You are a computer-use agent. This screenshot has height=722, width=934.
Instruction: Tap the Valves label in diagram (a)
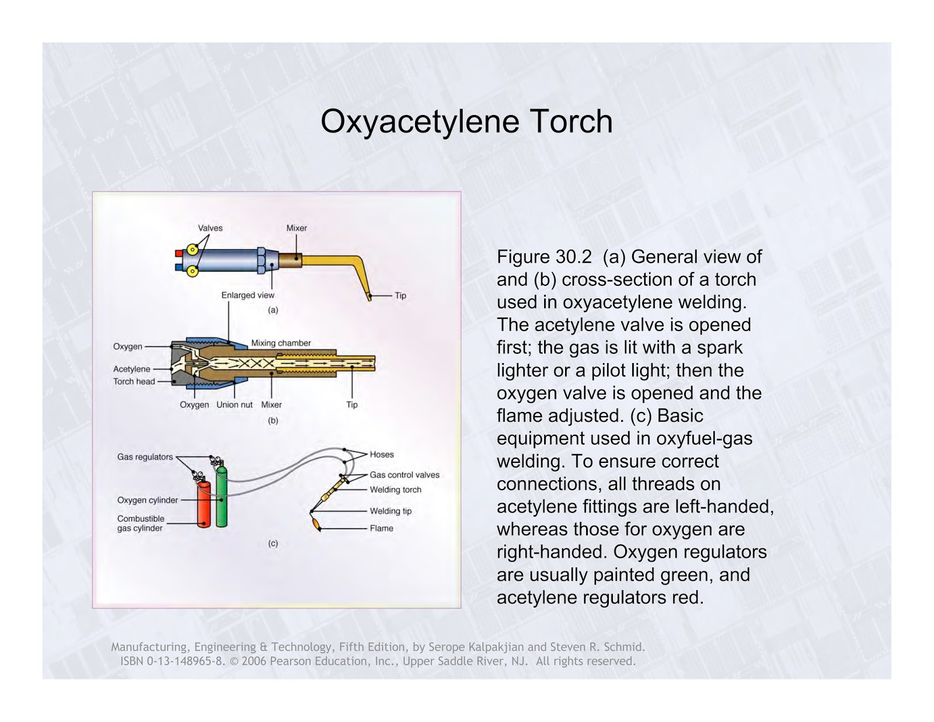click(210, 228)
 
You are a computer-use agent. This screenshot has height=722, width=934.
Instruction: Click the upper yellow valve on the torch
click(192, 250)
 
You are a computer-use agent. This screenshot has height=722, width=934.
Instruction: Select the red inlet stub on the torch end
click(179, 253)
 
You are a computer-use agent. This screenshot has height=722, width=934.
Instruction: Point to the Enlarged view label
click(248, 295)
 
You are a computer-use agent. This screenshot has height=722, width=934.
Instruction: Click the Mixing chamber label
click(281, 343)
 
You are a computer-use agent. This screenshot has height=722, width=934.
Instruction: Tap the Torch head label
click(134, 382)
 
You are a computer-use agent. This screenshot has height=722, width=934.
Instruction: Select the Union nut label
click(234, 405)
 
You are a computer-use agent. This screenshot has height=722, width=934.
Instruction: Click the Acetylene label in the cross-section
click(132, 369)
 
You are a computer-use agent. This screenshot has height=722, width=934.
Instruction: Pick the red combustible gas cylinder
click(204, 505)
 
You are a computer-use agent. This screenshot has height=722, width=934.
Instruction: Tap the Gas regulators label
click(145, 457)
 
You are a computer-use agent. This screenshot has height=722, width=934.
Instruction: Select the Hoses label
click(382, 455)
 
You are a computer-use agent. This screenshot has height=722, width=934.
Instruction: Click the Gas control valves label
click(405, 475)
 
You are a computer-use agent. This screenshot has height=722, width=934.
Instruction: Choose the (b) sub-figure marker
click(273, 420)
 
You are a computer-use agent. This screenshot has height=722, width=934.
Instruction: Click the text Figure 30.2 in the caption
click(544, 257)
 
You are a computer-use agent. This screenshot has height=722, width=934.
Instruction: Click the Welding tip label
click(391, 511)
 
